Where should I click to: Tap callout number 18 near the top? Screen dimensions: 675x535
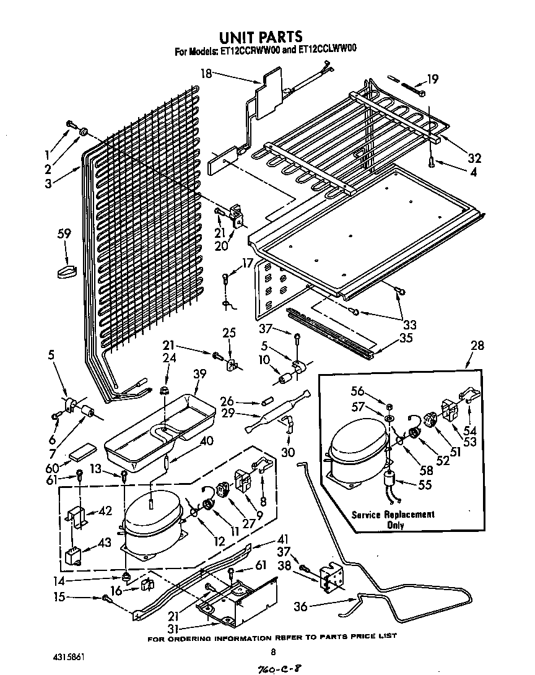tap(206, 74)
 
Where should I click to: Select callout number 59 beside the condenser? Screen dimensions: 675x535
tap(64, 234)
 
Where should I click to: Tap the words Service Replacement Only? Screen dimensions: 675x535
tap(393, 520)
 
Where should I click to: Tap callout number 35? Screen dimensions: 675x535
tap(406, 339)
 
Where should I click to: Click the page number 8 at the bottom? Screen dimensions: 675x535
tap(273, 651)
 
